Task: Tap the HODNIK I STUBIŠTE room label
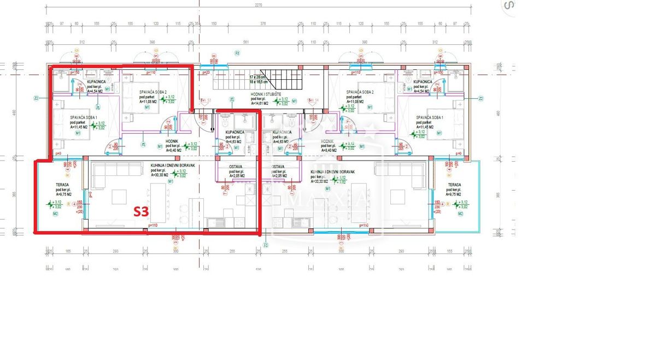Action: [266, 94]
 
